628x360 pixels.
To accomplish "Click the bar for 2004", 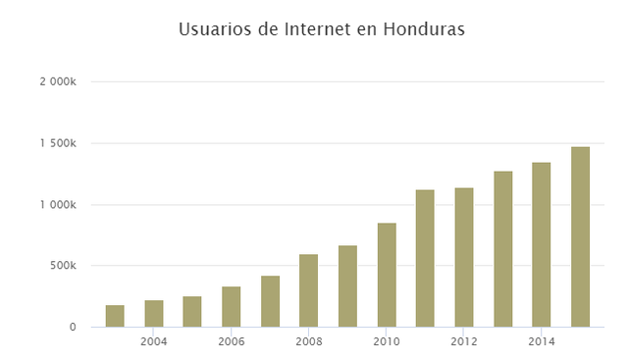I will [154, 314].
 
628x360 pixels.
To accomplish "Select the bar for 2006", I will [232, 307].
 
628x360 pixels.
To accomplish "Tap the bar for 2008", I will [309, 290].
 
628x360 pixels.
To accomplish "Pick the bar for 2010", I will [387, 275].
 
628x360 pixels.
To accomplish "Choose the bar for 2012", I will [464, 257].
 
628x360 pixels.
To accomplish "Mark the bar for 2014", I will [542, 244].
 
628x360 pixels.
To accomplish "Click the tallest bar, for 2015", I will [580, 236].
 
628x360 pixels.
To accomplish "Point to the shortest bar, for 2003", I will [115, 316].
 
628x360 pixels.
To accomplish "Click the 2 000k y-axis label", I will [58, 82].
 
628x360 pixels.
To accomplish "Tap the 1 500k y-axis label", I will [58, 144].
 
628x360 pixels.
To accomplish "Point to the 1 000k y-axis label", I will [58, 205].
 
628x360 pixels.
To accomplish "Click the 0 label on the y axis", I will [72, 327].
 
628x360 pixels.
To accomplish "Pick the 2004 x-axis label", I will [154, 342].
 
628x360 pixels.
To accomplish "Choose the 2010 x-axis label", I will [387, 342].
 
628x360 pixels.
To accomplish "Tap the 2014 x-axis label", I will [542, 342].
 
